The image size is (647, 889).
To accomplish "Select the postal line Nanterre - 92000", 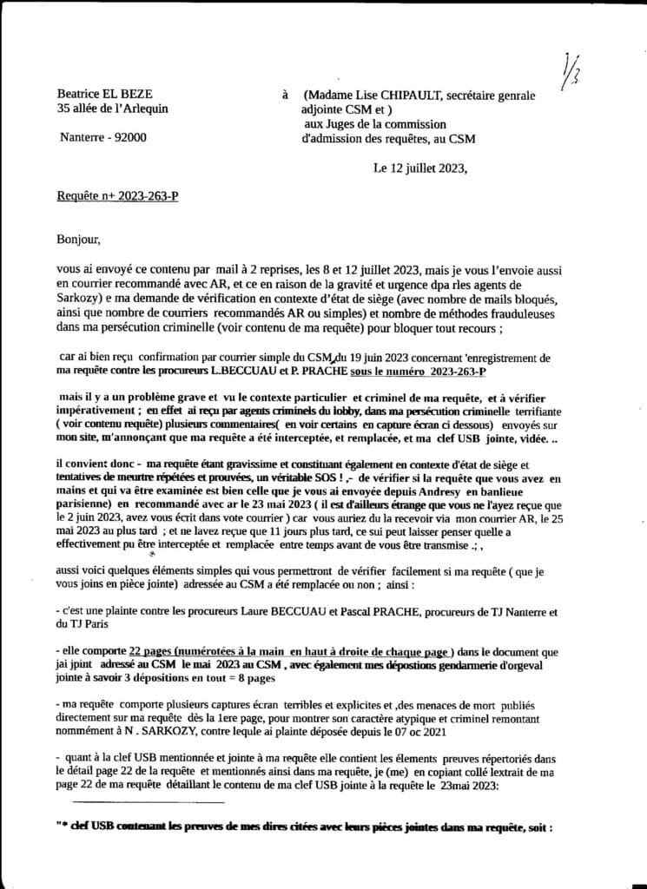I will (x=103, y=137).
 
